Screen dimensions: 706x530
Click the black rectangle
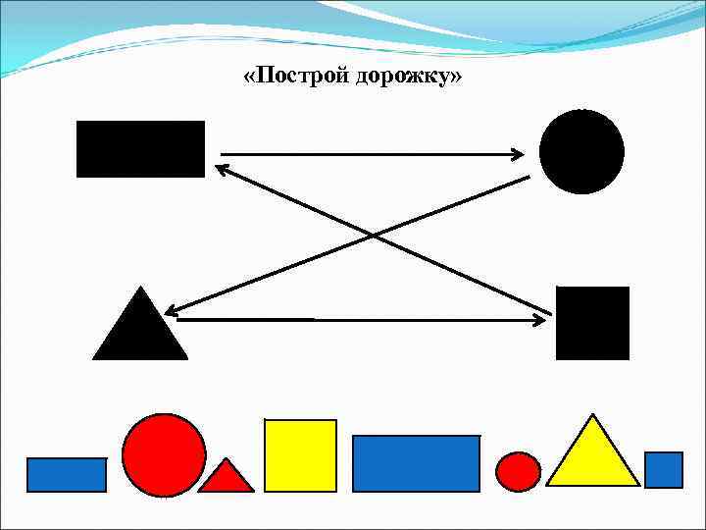click(x=140, y=149)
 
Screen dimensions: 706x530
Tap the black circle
click(x=581, y=151)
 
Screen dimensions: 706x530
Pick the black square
click(x=592, y=323)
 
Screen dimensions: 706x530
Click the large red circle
click(x=164, y=454)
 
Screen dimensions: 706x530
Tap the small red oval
click(x=518, y=471)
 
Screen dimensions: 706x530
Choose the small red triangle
click(x=227, y=478)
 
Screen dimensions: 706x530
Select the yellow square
click(x=300, y=454)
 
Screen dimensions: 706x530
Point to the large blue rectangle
click(x=416, y=462)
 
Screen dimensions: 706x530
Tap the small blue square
click(x=664, y=469)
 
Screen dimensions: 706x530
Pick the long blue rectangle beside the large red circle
click(x=66, y=474)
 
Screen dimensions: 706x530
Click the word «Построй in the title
click(x=283, y=76)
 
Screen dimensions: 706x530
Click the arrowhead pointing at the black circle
click(x=518, y=153)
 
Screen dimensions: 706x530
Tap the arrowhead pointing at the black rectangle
click(x=223, y=169)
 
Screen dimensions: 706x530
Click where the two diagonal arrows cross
click(x=372, y=236)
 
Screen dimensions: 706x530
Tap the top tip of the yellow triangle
click(x=592, y=416)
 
